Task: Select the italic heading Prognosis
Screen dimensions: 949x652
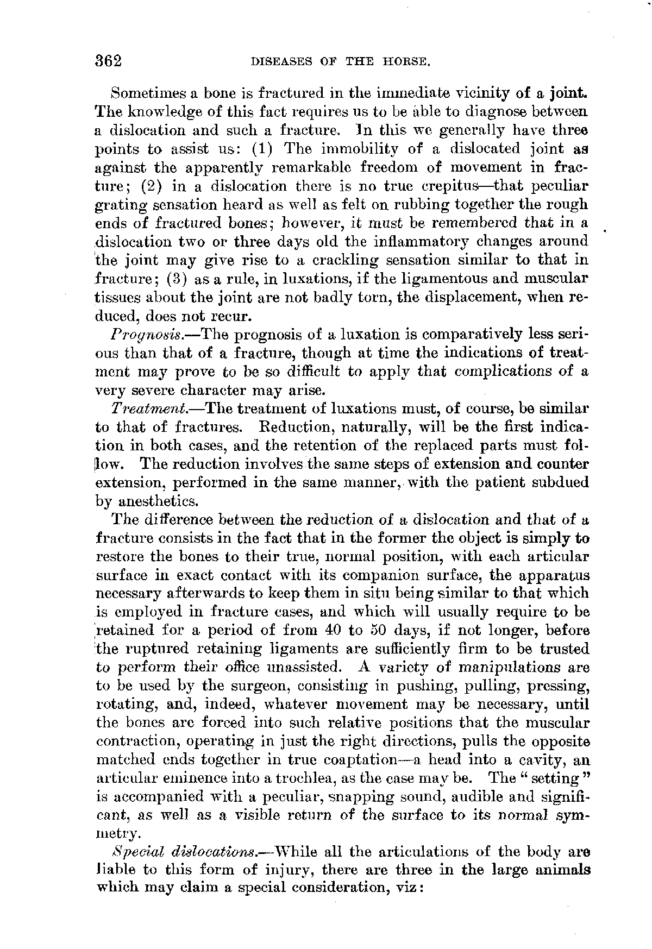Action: point(138,334)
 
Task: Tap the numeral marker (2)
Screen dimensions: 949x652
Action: point(149,185)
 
